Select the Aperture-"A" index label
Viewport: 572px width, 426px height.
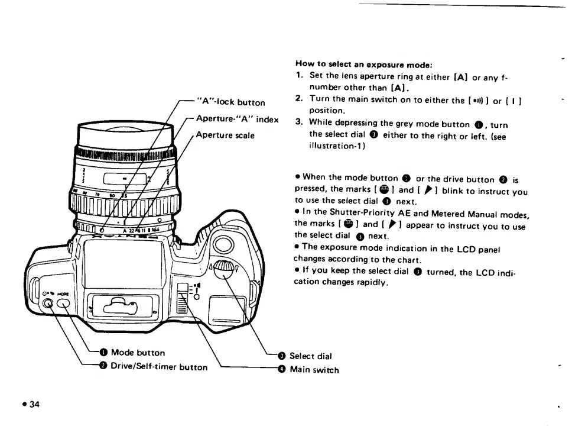[237, 119]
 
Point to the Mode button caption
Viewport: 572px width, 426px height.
[138, 353]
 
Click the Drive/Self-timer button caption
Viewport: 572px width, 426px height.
[159, 367]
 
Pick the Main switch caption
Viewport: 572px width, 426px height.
[314, 370]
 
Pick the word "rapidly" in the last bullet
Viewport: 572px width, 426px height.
[370, 283]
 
